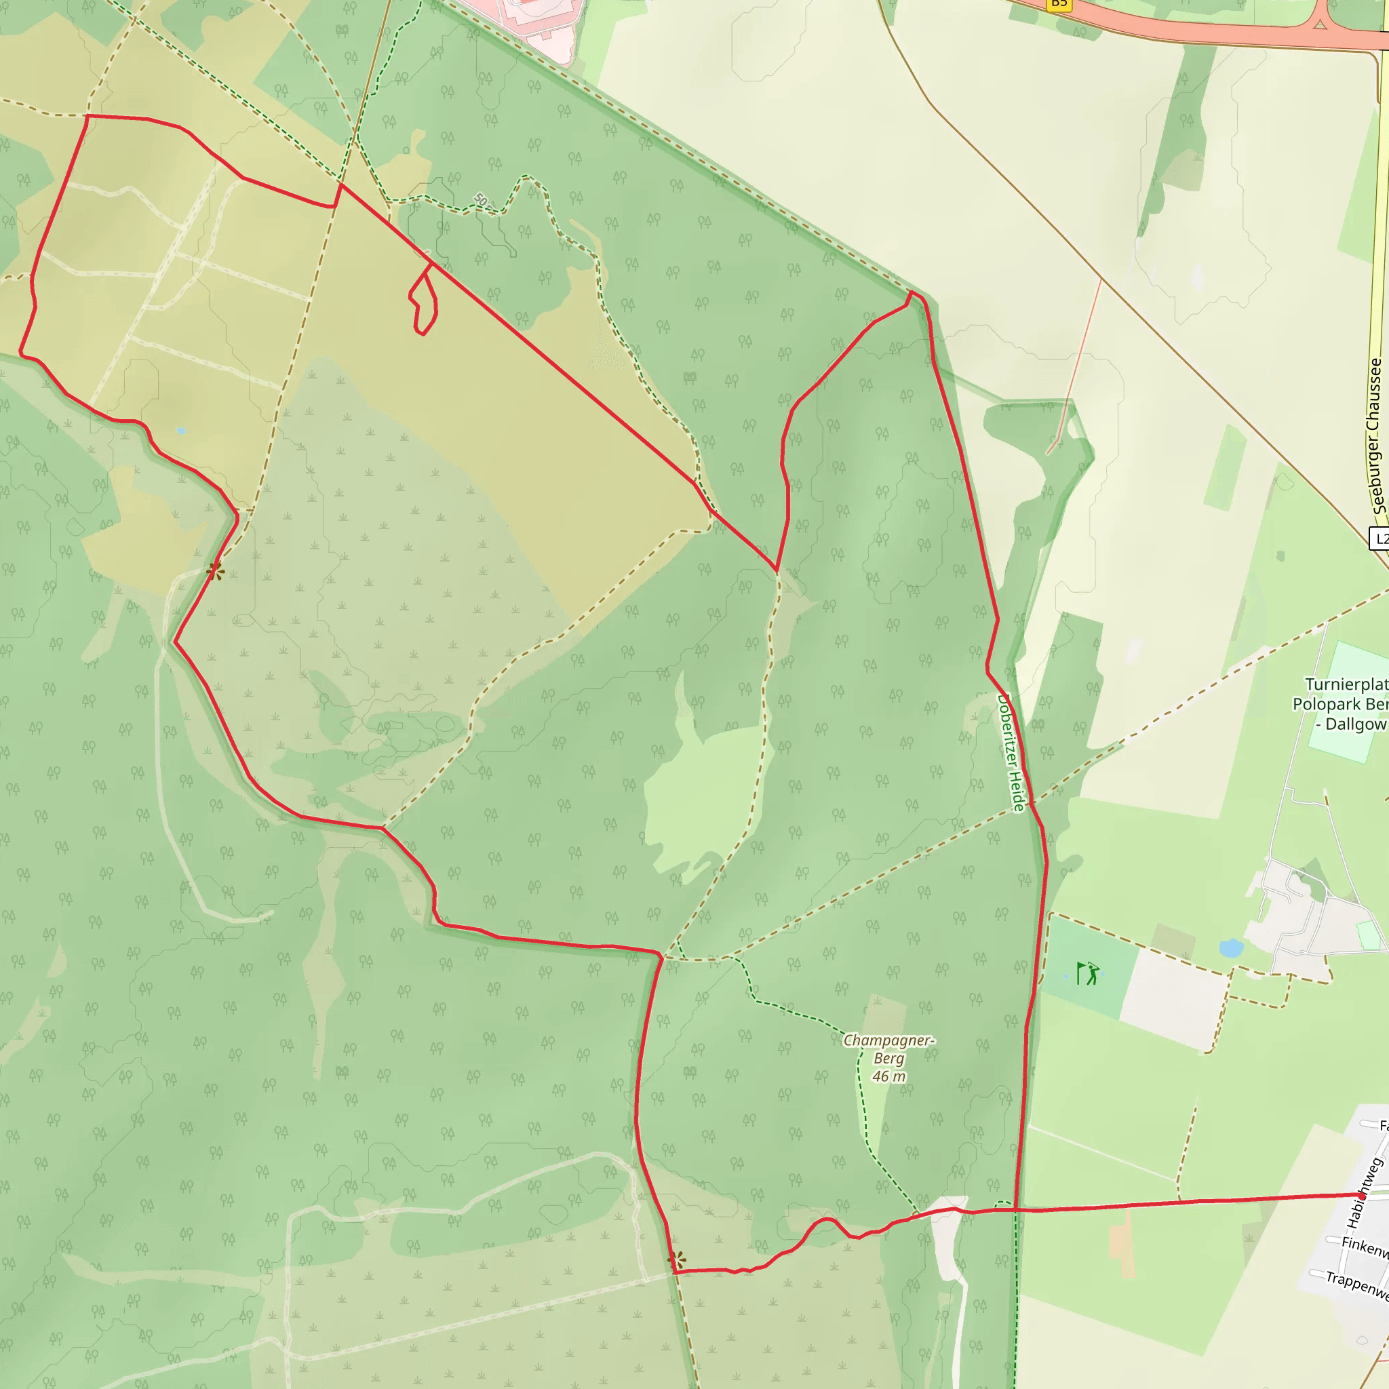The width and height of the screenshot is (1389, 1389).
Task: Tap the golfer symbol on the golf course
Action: point(1089,973)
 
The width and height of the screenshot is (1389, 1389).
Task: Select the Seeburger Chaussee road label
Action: point(1376,435)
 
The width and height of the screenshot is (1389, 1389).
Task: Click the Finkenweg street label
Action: point(1365,1247)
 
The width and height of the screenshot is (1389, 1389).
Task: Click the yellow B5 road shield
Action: point(1058,3)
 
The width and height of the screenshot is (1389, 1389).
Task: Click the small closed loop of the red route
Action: point(424,302)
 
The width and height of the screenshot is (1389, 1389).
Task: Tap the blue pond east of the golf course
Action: point(1231,947)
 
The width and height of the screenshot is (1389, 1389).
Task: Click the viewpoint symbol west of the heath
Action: point(215,572)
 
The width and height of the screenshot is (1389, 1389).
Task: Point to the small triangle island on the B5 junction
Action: point(1320,24)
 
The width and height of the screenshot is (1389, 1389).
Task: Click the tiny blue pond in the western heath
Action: point(181,431)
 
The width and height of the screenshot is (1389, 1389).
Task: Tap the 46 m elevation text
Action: point(888,1076)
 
